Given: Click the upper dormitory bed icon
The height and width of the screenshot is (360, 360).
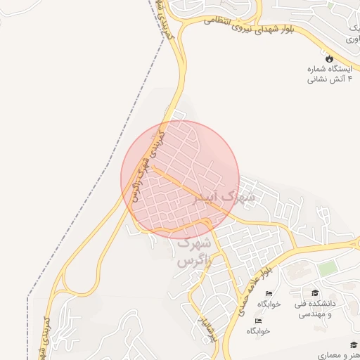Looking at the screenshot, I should pos(269,293).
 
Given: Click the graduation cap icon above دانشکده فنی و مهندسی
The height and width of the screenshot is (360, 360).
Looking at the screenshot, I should pos(315,292).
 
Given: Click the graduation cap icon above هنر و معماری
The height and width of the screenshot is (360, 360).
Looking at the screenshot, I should pos(354,345).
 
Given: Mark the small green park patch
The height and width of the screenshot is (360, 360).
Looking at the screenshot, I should pos(327,269).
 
